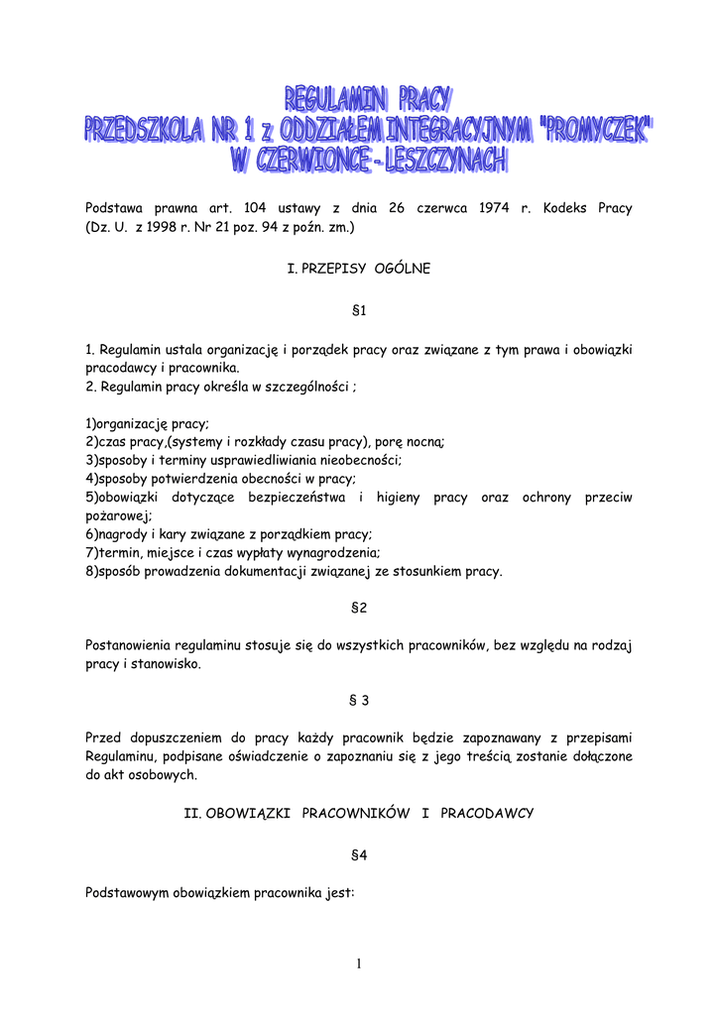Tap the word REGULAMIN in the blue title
337,99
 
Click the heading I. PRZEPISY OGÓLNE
358,269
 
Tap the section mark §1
359,311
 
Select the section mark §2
359,608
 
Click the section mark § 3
359,700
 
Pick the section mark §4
359,854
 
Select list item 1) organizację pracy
148,423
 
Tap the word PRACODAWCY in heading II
487,813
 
